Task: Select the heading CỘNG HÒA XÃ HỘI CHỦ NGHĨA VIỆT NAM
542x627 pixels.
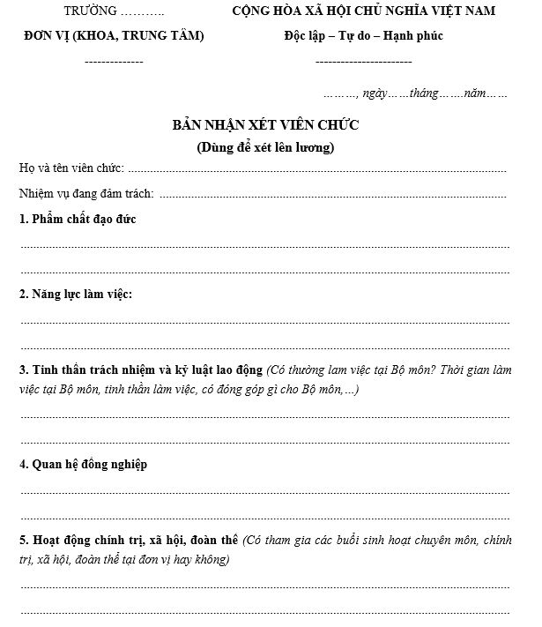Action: click(x=363, y=11)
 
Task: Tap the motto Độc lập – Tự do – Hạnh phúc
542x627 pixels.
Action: click(x=363, y=36)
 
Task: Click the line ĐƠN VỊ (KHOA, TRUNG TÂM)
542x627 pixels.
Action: click(x=114, y=36)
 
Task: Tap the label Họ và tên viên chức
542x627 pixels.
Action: click(x=71, y=168)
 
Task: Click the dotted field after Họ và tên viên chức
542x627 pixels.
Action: click(x=317, y=169)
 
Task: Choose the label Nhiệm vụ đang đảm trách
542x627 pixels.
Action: click(x=86, y=193)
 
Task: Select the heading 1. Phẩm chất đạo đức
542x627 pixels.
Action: click(x=78, y=218)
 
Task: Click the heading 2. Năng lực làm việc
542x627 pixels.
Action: click(x=76, y=294)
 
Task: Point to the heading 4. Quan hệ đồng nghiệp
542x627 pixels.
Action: click(x=83, y=465)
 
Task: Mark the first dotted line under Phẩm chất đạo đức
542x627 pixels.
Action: click(x=264, y=245)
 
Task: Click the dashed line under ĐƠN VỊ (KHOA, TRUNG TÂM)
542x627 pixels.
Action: click(x=114, y=62)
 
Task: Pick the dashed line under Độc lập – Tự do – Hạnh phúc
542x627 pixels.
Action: click(x=363, y=62)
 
